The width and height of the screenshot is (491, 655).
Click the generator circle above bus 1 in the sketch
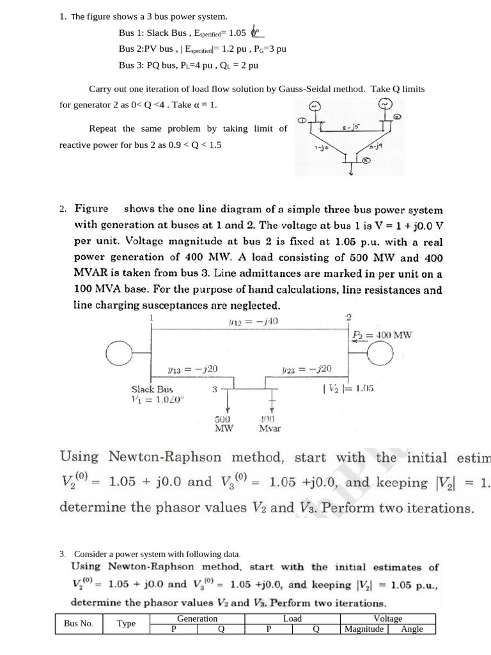314,106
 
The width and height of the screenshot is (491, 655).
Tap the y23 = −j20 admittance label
315,369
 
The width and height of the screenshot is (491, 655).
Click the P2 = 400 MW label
382,335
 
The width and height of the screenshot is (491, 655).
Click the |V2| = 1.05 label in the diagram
349,388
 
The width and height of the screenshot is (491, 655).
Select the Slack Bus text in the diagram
152,388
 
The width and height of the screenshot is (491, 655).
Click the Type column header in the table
126,624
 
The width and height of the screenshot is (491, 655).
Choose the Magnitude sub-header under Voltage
364,629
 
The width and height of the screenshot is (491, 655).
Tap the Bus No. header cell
79,624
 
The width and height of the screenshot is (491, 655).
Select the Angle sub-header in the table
412,629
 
